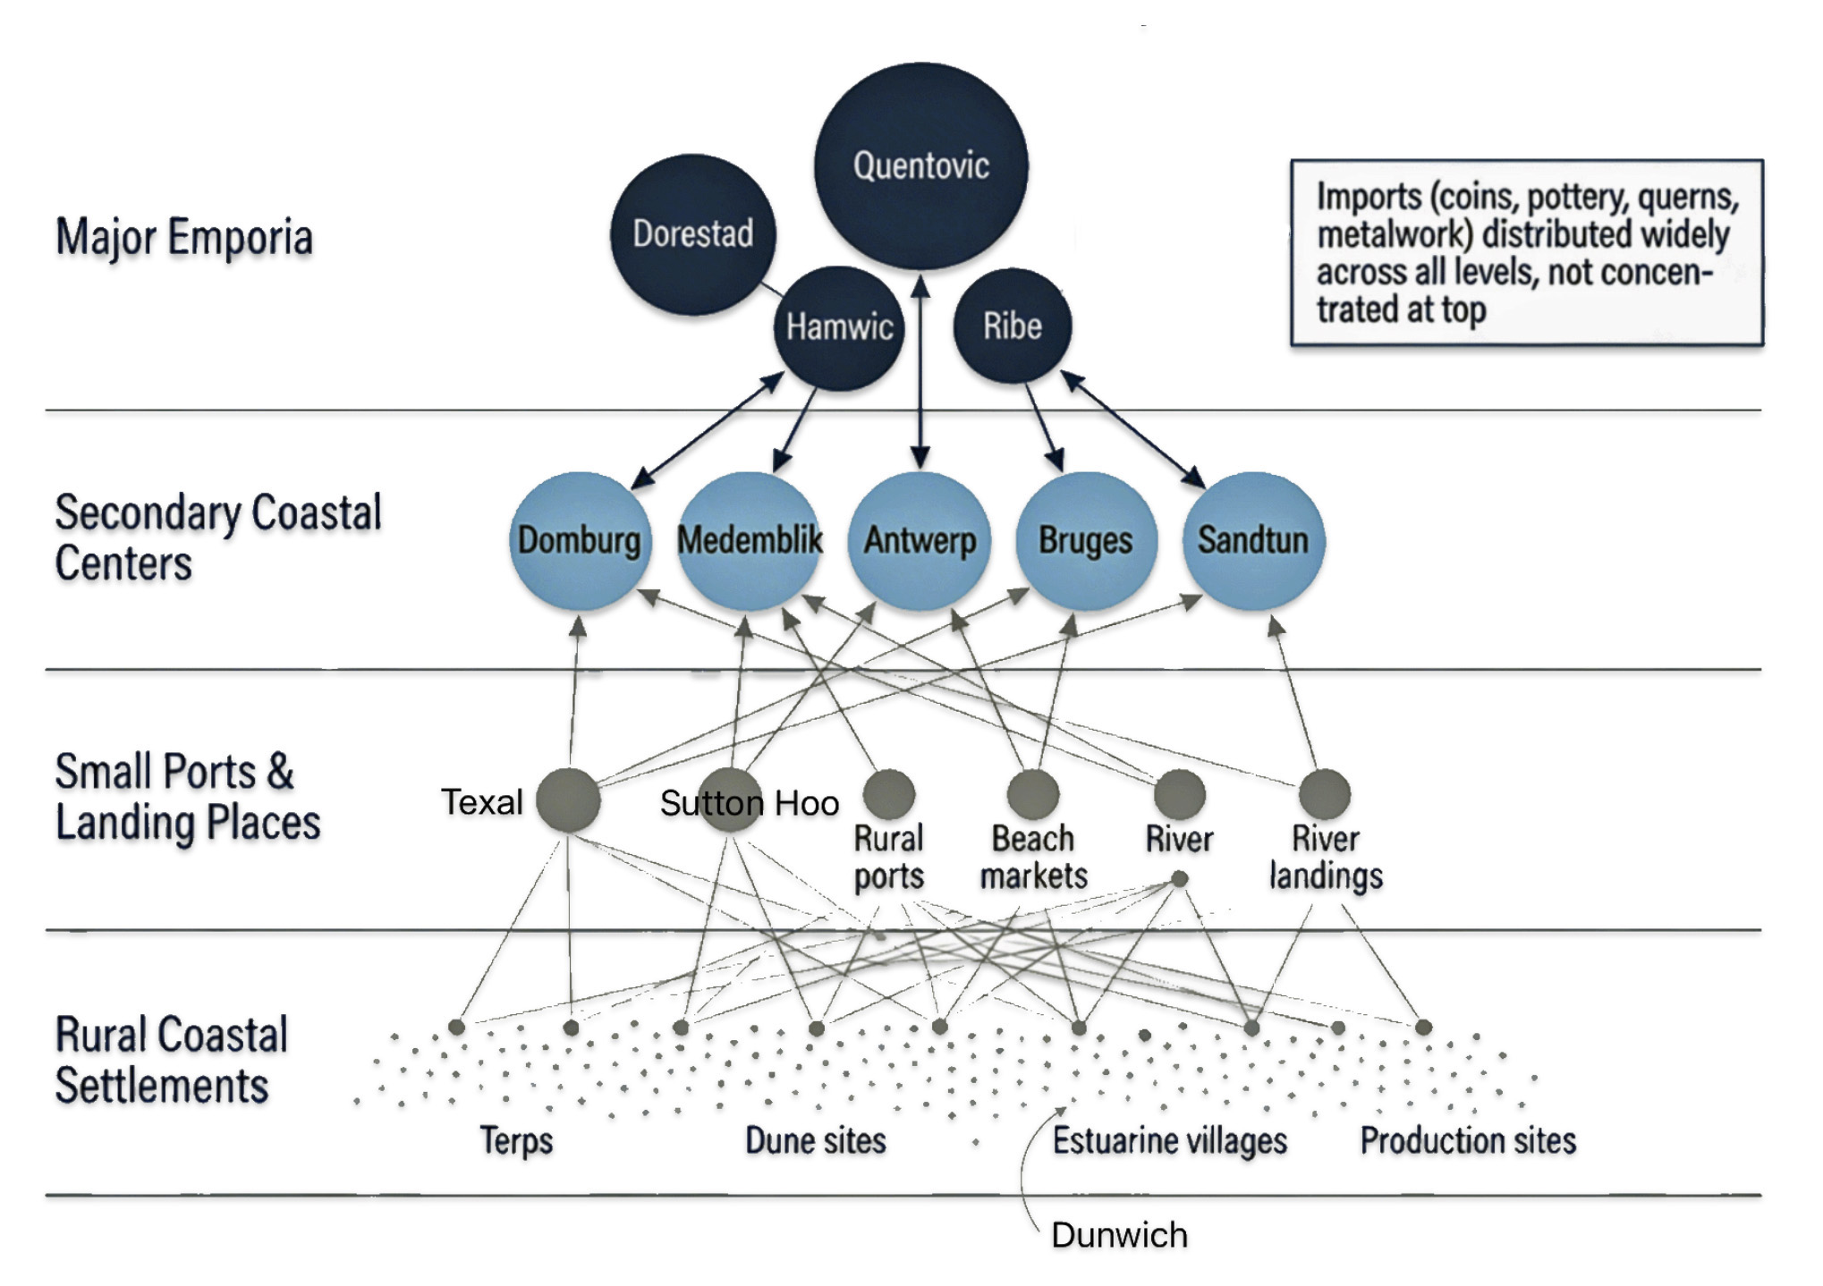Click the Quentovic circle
(x=920, y=165)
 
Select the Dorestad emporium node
(x=693, y=234)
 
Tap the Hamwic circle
(x=839, y=327)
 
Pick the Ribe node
(x=1012, y=326)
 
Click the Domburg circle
(x=580, y=541)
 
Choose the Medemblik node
(x=749, y=541)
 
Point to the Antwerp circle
(x=919, y=541)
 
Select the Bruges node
(x=1086, y=541)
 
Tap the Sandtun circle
(x=1253, y=541)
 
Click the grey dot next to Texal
(x=568, y=800)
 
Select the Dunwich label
(x=1119, y=1235)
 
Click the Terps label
(x=516, y=1140)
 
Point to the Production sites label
(x=1468, y=1140)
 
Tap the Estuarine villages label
(x=1169, y=1140)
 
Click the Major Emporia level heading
(x=184, y=238)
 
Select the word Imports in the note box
(x=1369, y=197)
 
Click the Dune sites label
(x=816, y=1140)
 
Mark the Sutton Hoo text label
(x=750, y=803)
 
